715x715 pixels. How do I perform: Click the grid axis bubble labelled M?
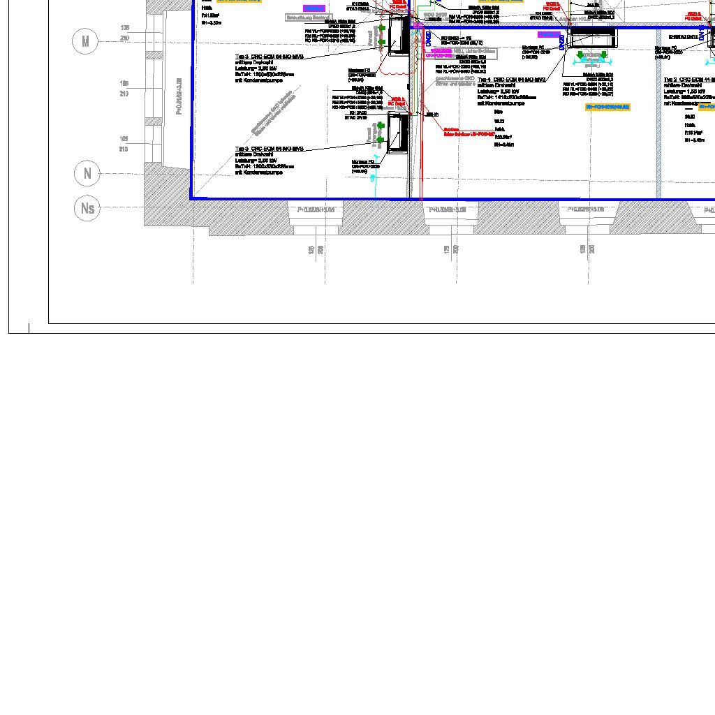click(85, 42)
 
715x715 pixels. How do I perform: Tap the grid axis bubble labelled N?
click(87, 173)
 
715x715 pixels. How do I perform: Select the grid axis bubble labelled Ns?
click(87, 208)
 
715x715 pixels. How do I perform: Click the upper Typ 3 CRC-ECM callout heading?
click(269, 57)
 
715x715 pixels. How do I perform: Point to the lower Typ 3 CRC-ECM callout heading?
click(269, 149)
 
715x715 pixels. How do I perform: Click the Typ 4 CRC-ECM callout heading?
click(512, 80)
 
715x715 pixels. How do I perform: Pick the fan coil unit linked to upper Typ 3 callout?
click(399, 36)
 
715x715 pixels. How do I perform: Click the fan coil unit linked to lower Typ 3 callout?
click(397, 133)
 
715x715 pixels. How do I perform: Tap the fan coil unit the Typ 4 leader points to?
click(593, 38)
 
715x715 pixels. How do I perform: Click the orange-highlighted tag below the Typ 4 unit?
click(607, 107)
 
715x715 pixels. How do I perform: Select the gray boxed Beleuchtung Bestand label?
click(307, 17)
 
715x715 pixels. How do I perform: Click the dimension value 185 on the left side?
click(124, 83)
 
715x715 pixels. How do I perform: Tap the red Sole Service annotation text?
click(469, 132)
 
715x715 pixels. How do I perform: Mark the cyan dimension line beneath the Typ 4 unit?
click(591, 61)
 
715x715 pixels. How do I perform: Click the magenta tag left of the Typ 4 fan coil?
click(549, 34)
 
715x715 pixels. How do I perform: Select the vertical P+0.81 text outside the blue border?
click(179, 96)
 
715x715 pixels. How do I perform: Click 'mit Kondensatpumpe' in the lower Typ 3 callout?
click(259, 172)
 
